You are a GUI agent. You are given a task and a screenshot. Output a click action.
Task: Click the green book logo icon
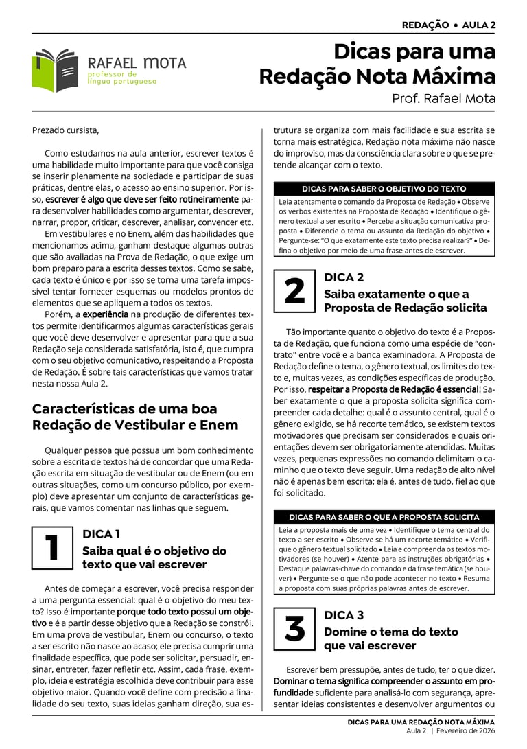tap(55, 71)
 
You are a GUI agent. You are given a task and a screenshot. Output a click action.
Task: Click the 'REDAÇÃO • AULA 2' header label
tap(449, 25)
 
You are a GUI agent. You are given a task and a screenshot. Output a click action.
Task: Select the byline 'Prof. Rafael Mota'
tap(443, 98)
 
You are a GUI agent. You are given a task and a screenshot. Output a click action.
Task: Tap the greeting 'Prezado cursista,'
tap(65, 130)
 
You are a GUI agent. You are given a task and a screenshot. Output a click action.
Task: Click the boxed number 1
tap(52, 547)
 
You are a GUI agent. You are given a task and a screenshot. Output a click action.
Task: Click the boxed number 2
tap(294, 291)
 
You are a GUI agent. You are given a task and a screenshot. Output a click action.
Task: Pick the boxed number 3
tap(294, 629)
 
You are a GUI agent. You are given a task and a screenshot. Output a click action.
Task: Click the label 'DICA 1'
tap(102, 533)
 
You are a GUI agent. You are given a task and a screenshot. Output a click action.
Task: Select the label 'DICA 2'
tap(344, 277)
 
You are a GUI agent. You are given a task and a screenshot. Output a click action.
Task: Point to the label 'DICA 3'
tap(344, 615)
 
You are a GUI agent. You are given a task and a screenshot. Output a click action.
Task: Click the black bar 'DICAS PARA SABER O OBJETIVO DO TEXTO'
tap(384, 189)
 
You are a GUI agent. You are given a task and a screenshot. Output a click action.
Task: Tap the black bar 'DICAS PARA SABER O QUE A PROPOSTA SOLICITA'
tap(384, 517)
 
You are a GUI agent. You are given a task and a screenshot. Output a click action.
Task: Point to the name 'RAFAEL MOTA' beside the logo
tap(137, 63)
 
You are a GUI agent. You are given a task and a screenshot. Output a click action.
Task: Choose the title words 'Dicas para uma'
tap(414, 52)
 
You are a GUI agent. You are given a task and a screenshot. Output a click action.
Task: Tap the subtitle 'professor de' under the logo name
tap(113, 73)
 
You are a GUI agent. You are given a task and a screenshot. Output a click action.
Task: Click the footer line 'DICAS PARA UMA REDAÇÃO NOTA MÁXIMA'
tap(421, 722)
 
